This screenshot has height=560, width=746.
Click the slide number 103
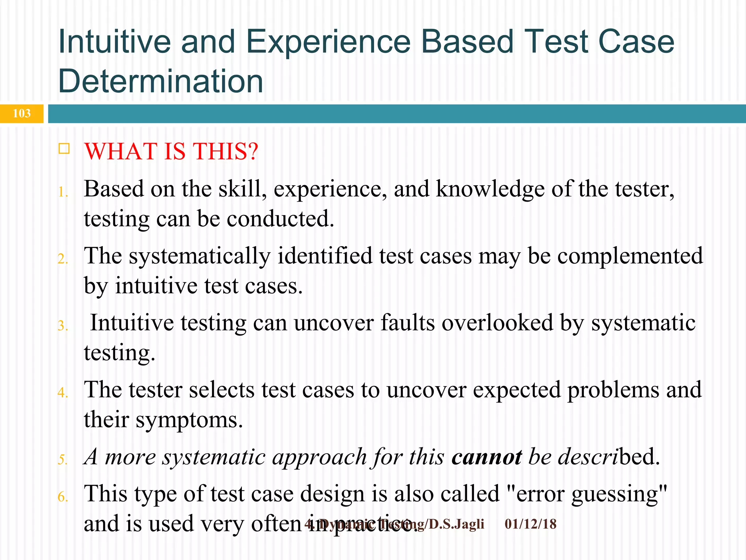coord(21,113)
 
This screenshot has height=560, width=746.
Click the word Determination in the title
coord(161,81)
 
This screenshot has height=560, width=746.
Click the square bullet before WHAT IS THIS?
coord(64,149)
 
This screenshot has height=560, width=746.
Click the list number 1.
coord(63,192)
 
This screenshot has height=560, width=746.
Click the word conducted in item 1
coord(280,219)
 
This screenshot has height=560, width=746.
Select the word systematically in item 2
coord(200,256)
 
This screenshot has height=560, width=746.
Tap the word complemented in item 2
coord(630,256)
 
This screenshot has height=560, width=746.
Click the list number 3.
coord(63,326)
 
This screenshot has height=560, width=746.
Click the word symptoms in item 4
coord(189,420)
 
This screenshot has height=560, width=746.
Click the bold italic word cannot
coord(486,457)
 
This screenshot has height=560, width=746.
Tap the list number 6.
coord(63,497)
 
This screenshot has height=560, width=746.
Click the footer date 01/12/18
coord(530,524)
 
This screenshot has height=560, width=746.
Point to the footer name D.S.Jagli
coord(456,524)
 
